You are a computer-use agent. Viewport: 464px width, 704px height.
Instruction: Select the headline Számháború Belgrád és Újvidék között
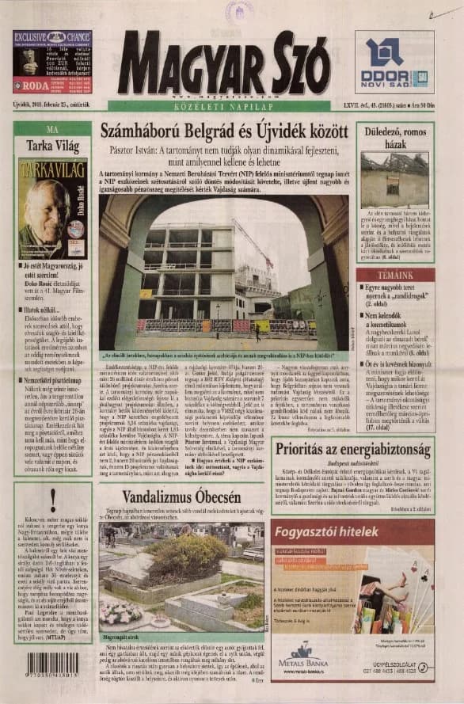point(224,132)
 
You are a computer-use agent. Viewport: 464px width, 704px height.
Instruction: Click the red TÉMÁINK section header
point(394,273)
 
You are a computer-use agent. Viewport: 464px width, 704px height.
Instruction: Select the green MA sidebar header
point(52,129)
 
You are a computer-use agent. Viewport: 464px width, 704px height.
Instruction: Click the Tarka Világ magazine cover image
point(52,208)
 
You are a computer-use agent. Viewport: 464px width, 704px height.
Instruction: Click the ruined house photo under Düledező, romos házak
point(394,180)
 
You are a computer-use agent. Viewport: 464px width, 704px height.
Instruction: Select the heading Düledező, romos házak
point(394,139)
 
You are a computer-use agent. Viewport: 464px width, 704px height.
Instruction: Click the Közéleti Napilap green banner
point(224,105)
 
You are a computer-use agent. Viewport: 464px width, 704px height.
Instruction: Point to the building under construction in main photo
point(190,269)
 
